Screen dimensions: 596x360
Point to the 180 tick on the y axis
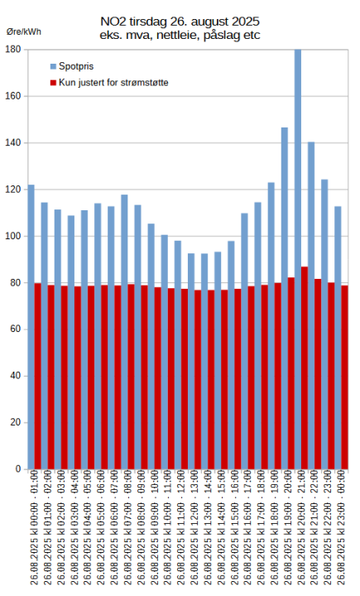[x=13, y=50]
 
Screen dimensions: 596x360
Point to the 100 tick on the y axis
[x=13, y=236]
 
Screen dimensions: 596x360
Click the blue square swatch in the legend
[x=54, y=65]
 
